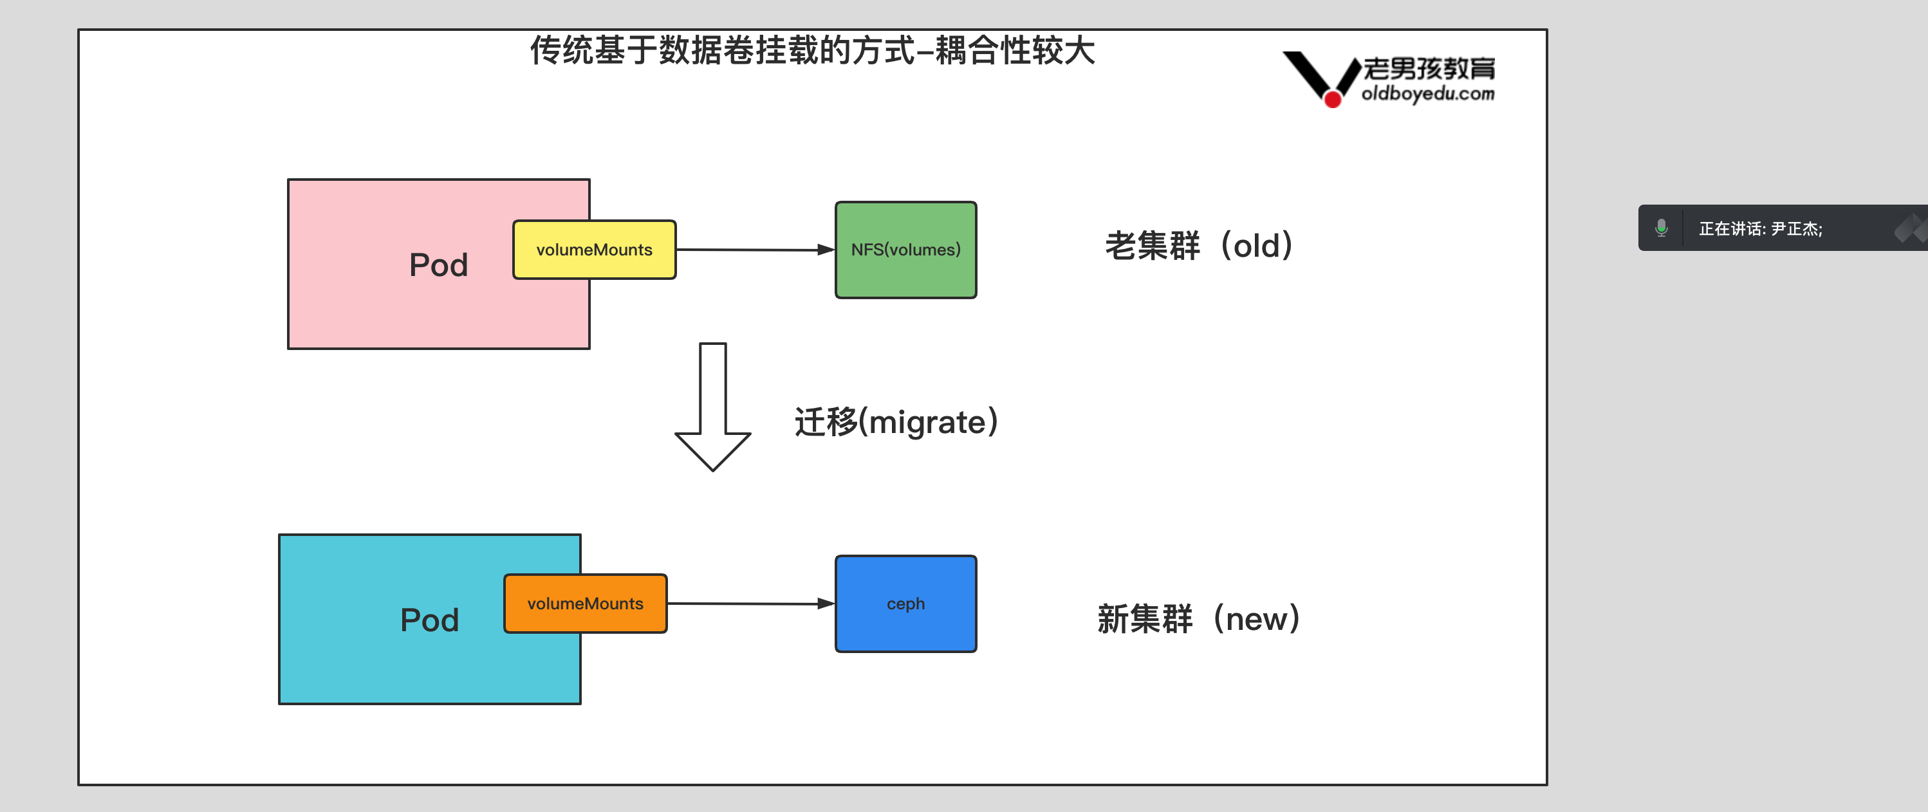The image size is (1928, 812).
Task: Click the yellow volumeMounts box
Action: coord(594,250)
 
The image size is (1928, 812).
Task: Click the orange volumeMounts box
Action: coord(586,604)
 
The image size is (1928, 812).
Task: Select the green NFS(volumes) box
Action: coord(905,250)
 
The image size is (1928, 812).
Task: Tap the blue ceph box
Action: coord(905,604)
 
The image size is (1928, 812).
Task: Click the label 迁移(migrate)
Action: coord(895,422)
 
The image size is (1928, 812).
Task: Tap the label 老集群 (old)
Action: coord(1198,246)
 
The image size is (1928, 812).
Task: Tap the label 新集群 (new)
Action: coord(1198,620)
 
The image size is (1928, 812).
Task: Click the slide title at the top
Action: coord(812,51)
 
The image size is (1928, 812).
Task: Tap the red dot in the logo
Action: coord(1332,100)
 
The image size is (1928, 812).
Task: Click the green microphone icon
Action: coord(1661,228)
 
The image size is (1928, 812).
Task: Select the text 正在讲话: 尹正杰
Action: coord(1759,229)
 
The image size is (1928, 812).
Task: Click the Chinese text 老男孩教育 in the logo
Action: coord(1428,69)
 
